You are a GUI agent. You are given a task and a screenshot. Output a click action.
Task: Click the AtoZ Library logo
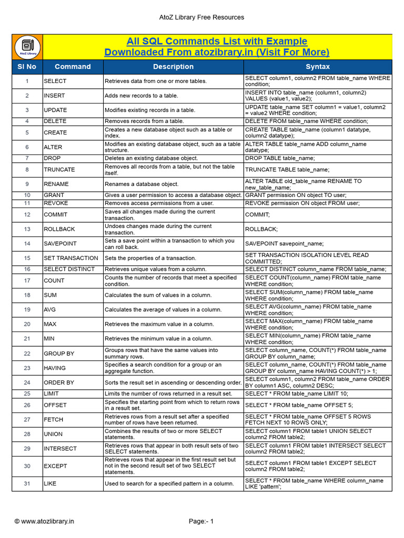coord(27,47)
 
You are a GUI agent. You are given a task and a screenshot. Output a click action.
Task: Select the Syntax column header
coord(318,67)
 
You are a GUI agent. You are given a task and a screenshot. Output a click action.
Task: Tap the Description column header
coord(173,67)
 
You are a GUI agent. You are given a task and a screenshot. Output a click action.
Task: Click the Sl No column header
coord(27,67)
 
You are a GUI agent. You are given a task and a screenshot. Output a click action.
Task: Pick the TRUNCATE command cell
coord(59,170)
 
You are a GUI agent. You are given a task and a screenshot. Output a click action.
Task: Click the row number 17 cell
coord(27,281)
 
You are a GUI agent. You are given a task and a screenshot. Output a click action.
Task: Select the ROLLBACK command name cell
coord(59,229)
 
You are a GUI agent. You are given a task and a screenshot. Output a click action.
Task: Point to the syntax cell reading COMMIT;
coord(258,214)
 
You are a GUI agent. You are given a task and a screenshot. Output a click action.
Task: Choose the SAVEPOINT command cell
coord(60,244)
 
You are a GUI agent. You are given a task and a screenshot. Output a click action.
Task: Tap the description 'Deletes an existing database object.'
coord(151,158)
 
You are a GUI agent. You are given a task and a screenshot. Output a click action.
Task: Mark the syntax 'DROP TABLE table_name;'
coord(280,158)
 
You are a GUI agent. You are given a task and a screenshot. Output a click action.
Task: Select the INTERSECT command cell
coord(60,449)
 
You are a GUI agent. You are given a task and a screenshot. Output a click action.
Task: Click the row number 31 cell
coord(27,484)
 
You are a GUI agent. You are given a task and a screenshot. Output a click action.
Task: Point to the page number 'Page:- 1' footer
coord(201,521)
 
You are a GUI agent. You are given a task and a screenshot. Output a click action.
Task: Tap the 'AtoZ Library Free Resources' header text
coord(201,17)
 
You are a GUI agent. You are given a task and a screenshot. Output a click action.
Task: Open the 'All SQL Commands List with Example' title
coord(217,42)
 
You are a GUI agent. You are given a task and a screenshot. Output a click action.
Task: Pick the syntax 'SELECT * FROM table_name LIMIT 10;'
coord(297,394)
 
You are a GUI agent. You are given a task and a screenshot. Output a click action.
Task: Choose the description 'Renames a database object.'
coord(142,184)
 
